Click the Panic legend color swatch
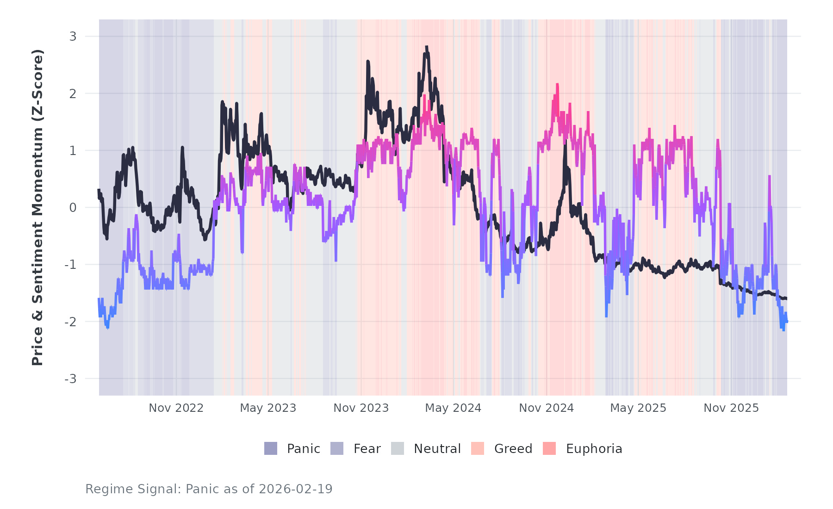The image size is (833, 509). coord(271,448)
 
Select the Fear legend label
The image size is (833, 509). coord(367,449)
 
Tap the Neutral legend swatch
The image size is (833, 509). coord(398,448)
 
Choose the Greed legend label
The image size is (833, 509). coord(513,449)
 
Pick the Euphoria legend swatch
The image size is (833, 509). coord(549,448)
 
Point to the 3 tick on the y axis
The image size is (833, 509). coord(73,36)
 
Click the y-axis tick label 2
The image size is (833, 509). coord(73,93)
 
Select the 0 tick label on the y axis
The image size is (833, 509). coord(73,208)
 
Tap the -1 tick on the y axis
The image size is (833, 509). coord(71,265)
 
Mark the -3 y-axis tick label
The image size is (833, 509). coord(71,379)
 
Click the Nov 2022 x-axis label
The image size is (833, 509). coord(176,408)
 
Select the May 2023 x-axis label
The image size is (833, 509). coord(268,408)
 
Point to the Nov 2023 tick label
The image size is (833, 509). coord(361,408)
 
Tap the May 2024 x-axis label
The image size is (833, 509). coord(453,408)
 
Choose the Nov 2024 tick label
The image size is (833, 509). coord(546,408)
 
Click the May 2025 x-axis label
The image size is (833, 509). coord(638,408)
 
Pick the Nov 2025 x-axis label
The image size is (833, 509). coord(731,408)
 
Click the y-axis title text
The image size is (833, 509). coord(37,207)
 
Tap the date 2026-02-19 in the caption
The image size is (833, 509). coord(295,489)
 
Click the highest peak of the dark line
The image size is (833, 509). coord(426,47)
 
